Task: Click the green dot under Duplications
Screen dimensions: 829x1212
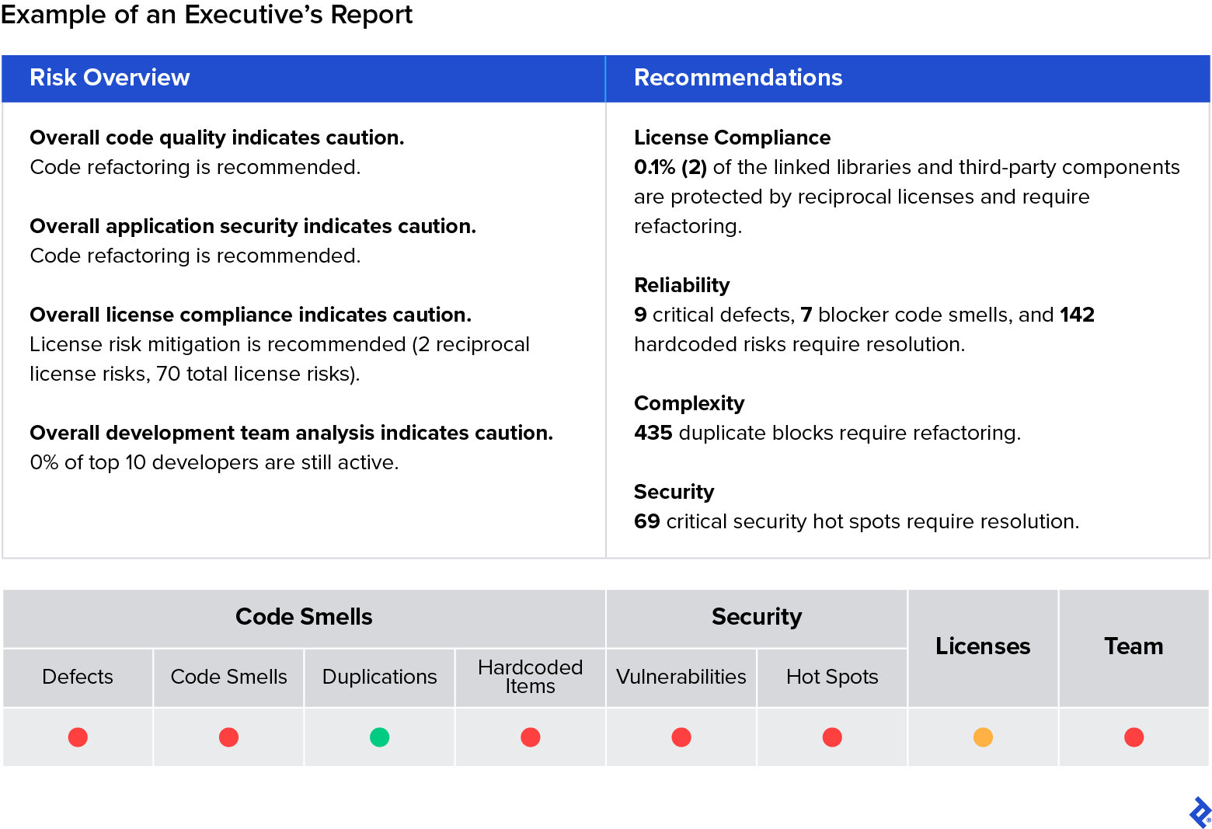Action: click(x=379, y=737)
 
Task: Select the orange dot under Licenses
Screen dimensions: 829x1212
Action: click(x=983, y=737)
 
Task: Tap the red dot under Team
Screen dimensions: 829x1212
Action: click(x=1134, y=737)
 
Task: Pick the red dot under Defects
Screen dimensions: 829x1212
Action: click(x=78, y=737)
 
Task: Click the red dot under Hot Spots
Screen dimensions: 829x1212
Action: click(x=832, y=737)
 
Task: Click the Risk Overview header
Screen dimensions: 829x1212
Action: click(x=110, y=78)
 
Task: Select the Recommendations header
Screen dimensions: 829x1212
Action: click(x=738, y=78)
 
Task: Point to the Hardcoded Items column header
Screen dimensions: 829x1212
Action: click(x=530, y=677)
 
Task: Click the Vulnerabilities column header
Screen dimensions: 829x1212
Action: click(x=681, y=677)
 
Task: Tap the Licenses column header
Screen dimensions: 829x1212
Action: click(x=983, y=646)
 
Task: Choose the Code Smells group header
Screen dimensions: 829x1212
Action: click(x=304, y=617)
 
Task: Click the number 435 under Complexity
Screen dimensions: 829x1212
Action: click(x=653, y=433)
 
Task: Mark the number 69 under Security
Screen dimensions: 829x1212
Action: click(x=646, y=521)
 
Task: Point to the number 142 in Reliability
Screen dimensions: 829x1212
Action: click(x=1077, y=315)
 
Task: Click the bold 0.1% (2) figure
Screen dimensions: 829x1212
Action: click(x=670, y=167)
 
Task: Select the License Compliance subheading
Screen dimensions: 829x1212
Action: click(x=732, y=138)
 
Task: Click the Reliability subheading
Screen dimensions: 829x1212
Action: click(x=681, y=285)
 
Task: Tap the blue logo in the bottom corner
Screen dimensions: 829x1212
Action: click(x=1199, y=812)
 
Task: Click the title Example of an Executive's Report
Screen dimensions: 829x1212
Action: click(x=207, y=15)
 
